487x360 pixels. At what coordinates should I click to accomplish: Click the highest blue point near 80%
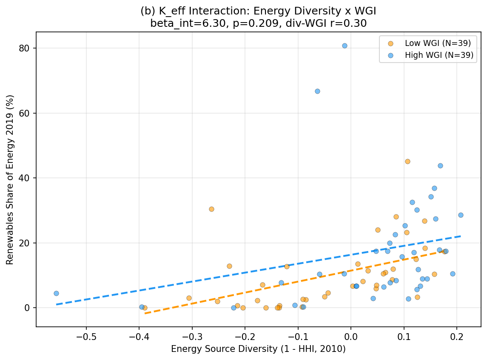(x=345, y=46)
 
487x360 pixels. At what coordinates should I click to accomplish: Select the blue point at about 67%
(x=317, y=91)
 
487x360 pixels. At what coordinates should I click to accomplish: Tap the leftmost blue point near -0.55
(x=56, y=293)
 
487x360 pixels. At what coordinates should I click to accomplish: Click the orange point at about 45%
(x=407, y=161)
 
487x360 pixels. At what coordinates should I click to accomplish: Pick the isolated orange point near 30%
(x=211, y=209)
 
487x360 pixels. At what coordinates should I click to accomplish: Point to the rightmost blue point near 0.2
(x=461, y=215)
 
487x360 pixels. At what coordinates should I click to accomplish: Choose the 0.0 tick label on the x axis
(x=350, y=335)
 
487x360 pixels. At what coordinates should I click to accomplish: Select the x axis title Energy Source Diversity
(x=258, y=349)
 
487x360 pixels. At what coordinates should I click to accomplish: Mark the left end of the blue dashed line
(x=57, y=304)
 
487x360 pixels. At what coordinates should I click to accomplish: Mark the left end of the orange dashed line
(x=145, y=313)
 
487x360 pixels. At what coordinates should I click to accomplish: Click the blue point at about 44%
(x=440, y=166)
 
